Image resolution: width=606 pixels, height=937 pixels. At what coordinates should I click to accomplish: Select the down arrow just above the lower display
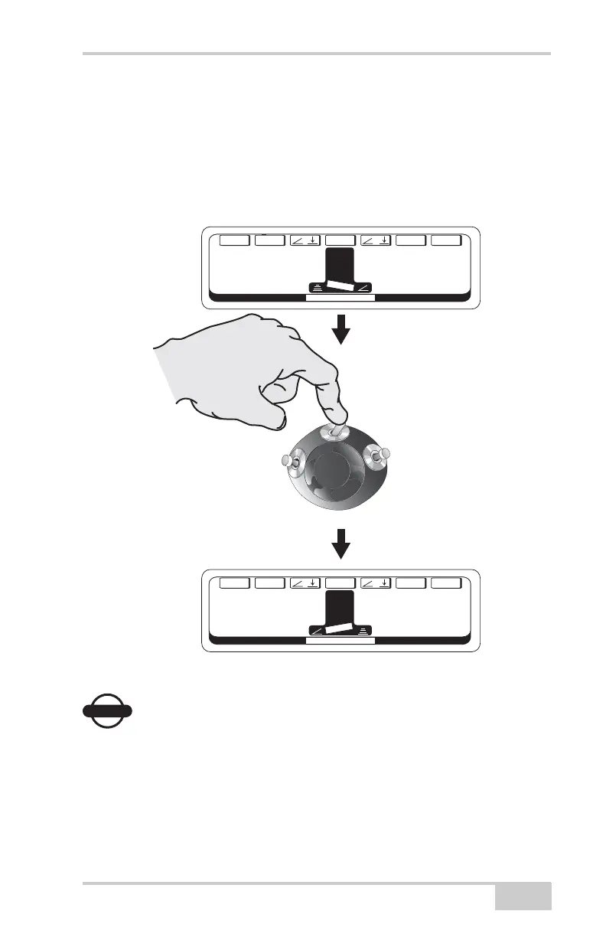[341, 545]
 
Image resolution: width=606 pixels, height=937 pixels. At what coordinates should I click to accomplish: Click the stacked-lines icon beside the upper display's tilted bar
[317, 288]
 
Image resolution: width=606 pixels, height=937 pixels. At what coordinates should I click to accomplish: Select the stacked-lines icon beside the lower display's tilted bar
[364, 631]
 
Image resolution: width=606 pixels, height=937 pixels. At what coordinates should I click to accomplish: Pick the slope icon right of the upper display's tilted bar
[365, 288]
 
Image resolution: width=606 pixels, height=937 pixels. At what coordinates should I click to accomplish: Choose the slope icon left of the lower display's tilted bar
[318, 631]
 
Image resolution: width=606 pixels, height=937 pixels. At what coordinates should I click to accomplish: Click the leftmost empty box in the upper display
[235, 240]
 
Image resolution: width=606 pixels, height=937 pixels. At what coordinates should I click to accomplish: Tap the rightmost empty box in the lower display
[446, 583]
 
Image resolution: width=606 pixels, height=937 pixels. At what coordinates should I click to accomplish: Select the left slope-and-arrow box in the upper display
[305, 240]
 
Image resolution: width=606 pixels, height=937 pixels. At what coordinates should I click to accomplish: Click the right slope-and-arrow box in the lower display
[376, 583]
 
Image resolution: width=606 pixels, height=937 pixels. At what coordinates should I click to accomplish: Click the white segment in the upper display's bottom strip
[340, 298]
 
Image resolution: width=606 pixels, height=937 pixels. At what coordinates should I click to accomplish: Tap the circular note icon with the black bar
[106, 710]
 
